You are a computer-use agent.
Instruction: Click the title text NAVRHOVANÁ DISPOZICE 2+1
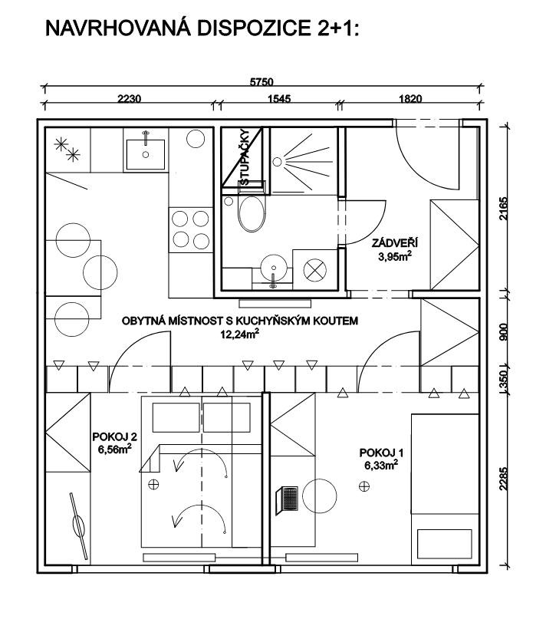pyautogui.click(x=202, y=28)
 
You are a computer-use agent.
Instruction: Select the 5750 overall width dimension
pyautogui.click(x=261, y=82)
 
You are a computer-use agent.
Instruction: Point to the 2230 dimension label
pyautogui.click(x=129, y=98)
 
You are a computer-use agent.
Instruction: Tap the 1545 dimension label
pyautogui.click(x=279, y=98)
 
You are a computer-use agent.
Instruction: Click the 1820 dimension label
pyautogui.click(x=410, y=98)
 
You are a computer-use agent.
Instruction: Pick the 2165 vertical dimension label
pyautogui.click(x=504, y=208)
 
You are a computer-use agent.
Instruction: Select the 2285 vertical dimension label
pyautogui.click(x=504, y=479)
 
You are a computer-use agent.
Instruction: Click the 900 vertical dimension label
pyautogui.click(x=504, y=332)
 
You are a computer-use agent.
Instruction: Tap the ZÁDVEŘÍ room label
pyautogui.click(x=395, y=242)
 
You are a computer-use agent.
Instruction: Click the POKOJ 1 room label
pyautogui.click(x=381, y=453)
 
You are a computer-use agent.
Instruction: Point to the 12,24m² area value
pyautogui.click(x=239, y=334)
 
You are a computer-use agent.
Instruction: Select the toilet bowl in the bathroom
pyautogui.click(x=252, y=213)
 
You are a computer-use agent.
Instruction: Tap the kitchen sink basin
pyautogui.click(x=145, y=154)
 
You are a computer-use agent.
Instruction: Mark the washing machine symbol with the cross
pyautogui.click(x=315, y=269)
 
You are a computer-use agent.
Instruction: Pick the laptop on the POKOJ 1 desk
pyautogui.click(x=287, y=500)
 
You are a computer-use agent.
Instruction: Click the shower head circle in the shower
pyautogui.click(x=277, y=162)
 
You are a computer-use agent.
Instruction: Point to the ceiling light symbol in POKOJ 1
pyautogui.click(x=363, y=486)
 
